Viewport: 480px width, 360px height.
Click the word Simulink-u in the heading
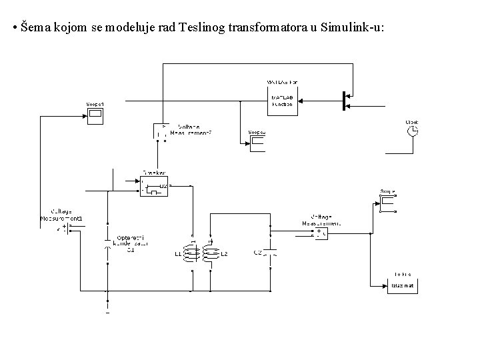point(350,28)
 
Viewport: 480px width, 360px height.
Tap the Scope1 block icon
point(95,116)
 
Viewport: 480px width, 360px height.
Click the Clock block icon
point(413,132)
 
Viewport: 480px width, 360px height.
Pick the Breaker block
point(154,186)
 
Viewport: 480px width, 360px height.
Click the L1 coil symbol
point(191,253)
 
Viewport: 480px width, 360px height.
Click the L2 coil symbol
point(210,253)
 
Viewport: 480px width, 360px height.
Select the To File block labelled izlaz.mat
point(402,285)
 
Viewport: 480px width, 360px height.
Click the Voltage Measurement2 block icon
point(162,131)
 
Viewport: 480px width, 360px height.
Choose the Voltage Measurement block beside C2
point(321,233)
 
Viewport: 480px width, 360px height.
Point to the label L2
point(225,255)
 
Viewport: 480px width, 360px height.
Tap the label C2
point(257,253)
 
